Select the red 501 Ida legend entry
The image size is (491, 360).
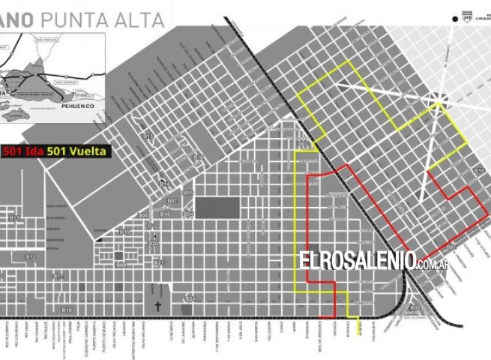[22, 151]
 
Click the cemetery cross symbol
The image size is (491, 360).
[158, 307]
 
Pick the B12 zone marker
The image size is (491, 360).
[31, 257]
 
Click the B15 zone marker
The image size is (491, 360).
[148, 136]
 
